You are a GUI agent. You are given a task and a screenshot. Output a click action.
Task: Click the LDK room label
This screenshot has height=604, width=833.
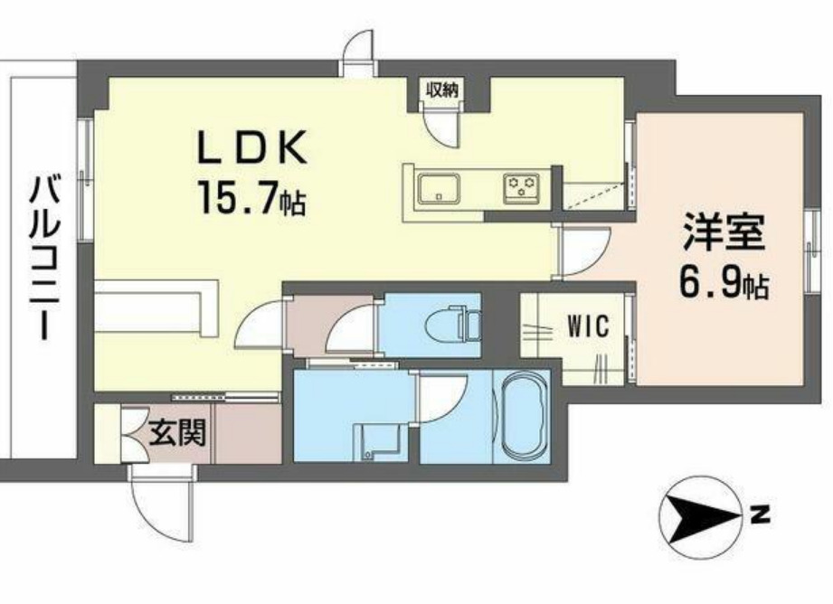tap(253, 146)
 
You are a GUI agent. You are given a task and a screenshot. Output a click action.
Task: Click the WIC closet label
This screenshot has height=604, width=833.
tap(587, 323)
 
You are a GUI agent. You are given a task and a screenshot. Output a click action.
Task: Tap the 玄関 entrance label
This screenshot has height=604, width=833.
tap(177, 433)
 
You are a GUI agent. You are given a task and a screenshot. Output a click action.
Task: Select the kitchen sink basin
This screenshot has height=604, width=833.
tap(439, 189)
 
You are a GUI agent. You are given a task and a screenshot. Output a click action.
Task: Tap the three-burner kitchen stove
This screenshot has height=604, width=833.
tap(521, 188)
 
